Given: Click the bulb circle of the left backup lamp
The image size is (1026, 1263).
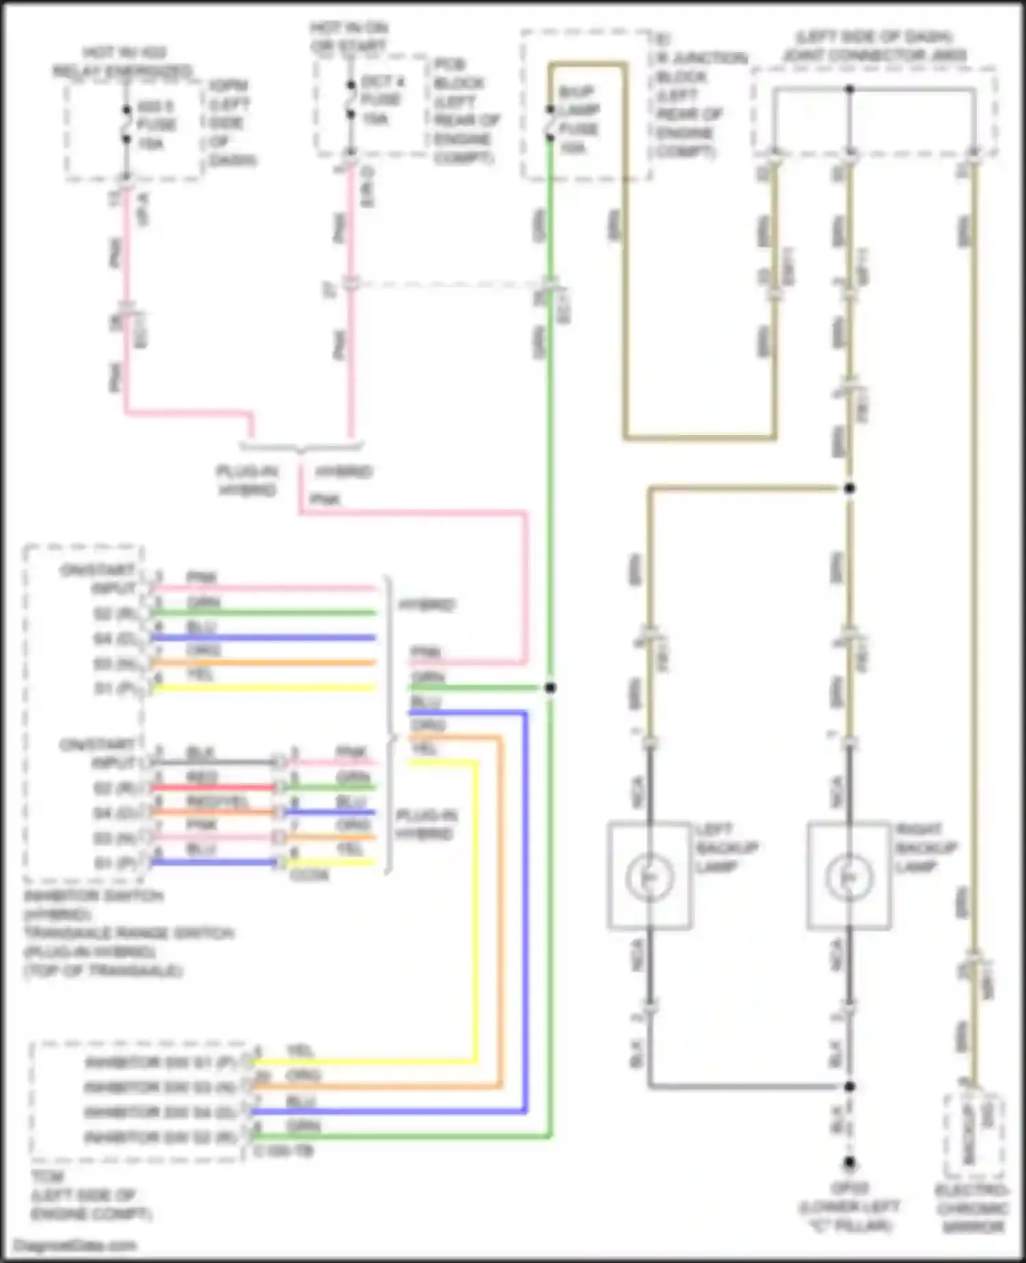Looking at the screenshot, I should (649, 876).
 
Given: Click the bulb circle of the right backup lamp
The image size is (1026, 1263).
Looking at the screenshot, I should (849, 876).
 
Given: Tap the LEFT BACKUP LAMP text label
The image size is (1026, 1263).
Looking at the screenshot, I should (726, 848).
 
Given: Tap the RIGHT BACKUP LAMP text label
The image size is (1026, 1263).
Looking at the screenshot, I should (919, 848).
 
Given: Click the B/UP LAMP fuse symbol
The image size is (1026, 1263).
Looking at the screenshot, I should (550, 123).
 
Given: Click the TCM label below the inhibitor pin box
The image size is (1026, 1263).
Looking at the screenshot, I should (48, 1177).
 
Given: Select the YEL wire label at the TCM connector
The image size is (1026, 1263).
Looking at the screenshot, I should (300, 1051).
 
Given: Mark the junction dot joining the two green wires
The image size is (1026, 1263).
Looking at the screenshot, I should (550, 688).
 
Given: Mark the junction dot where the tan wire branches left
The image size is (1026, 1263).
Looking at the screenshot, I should (849, 489).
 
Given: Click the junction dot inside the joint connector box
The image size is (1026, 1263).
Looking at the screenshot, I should (849, 90).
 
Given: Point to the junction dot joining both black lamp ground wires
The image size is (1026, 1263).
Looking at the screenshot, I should (849, 1086).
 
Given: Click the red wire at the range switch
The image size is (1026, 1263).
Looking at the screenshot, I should (212, 787).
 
